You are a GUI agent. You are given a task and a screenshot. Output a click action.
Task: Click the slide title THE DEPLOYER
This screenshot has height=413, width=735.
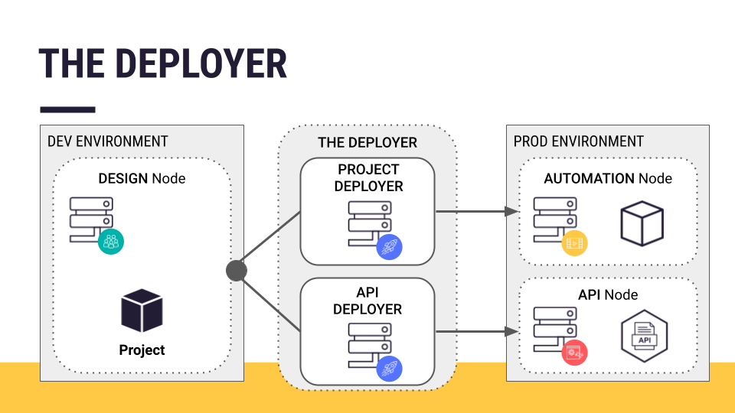tap(162, 63)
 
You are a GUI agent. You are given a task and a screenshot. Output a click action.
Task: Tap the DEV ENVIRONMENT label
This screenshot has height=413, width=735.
tap(107, 141)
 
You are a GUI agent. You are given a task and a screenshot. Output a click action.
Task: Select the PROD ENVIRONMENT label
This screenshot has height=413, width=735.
tap(578, 141)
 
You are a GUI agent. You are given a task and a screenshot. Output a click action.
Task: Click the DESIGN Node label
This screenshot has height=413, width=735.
tap(142, 178)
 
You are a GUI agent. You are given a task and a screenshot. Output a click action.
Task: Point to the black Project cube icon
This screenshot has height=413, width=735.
tap(142, 311)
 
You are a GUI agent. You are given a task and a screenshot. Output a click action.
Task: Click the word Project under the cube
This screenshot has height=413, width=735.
tap(142, 350)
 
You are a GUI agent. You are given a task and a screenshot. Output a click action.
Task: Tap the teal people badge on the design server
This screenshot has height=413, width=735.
tap(112, 242)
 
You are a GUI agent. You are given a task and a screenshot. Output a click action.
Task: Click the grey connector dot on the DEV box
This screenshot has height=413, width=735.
tap(237, 270)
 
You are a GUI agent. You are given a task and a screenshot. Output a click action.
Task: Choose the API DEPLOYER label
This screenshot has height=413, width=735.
tap(367, 301)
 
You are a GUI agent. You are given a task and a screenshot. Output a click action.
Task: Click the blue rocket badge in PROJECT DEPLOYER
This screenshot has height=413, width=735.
tap(390, 246)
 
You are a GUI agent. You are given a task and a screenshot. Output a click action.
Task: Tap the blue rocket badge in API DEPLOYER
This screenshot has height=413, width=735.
tap(390, 369)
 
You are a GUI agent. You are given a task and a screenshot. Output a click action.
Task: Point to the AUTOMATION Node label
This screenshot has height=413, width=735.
tap(608, 178)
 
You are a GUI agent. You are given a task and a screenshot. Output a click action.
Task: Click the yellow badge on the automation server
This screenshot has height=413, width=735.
tap(573, 243)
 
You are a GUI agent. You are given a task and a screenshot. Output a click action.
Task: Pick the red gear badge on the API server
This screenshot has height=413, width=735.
tap(573, 353)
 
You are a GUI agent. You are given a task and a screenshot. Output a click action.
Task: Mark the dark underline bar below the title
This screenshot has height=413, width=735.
tap(67, 109)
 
